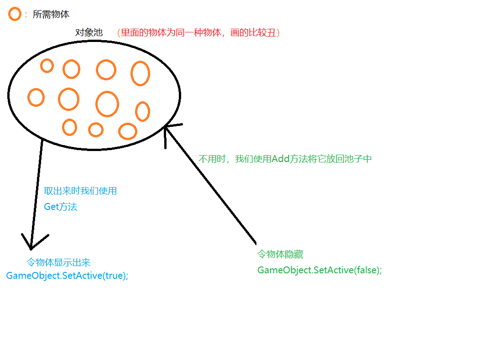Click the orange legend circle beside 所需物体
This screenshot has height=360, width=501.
click(x=15, y=14)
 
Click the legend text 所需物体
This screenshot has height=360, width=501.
click(x=51, y=15)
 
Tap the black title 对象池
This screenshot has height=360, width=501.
click(x=89, y=33)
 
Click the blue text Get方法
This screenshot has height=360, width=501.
click(x=61, y=207)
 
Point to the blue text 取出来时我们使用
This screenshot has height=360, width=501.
click(x=80, y=191)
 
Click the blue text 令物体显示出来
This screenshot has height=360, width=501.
click(x=58, y=262)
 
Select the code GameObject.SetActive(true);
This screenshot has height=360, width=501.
click(x=67, y=276)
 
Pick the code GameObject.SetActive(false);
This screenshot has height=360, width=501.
click(x=319, y=270)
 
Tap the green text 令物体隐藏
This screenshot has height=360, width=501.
click(x=280, y=255)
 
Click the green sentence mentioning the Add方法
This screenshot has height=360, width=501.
click(x=285, y=159)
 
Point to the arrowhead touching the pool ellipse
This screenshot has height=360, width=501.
click(x=167, y=130)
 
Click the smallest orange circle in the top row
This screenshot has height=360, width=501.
click(x=47, y=66)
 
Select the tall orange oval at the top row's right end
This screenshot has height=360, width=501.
click(x=140, y=73)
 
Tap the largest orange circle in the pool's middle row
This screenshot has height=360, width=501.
click(x=107, y=104)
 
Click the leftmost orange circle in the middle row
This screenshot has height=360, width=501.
click(x=36, y=98)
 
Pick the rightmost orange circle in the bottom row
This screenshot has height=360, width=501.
click(x=128, y=131)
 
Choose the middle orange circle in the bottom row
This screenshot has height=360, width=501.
click(x=96, y=130)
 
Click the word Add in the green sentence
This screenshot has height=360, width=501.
click(x=281, y=159)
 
